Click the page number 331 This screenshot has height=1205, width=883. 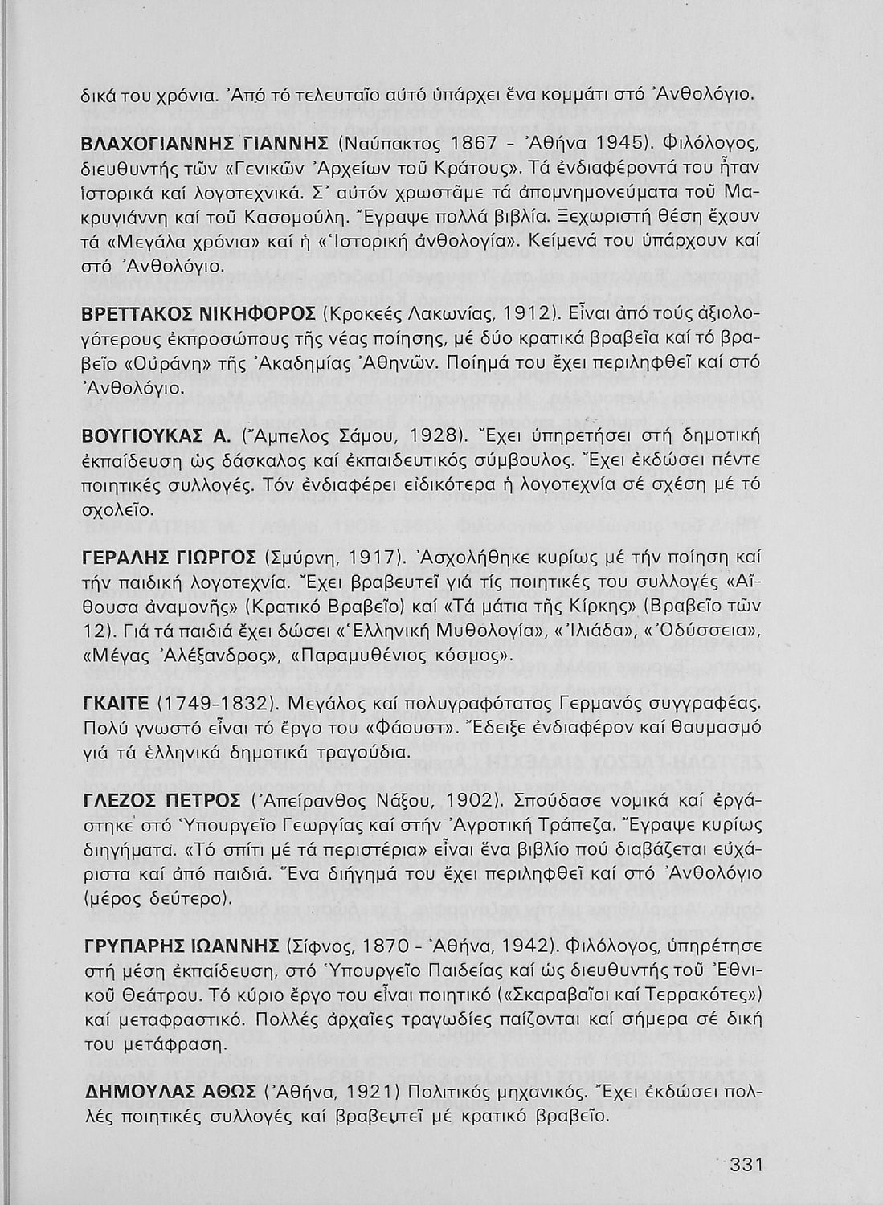[745, 1165]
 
